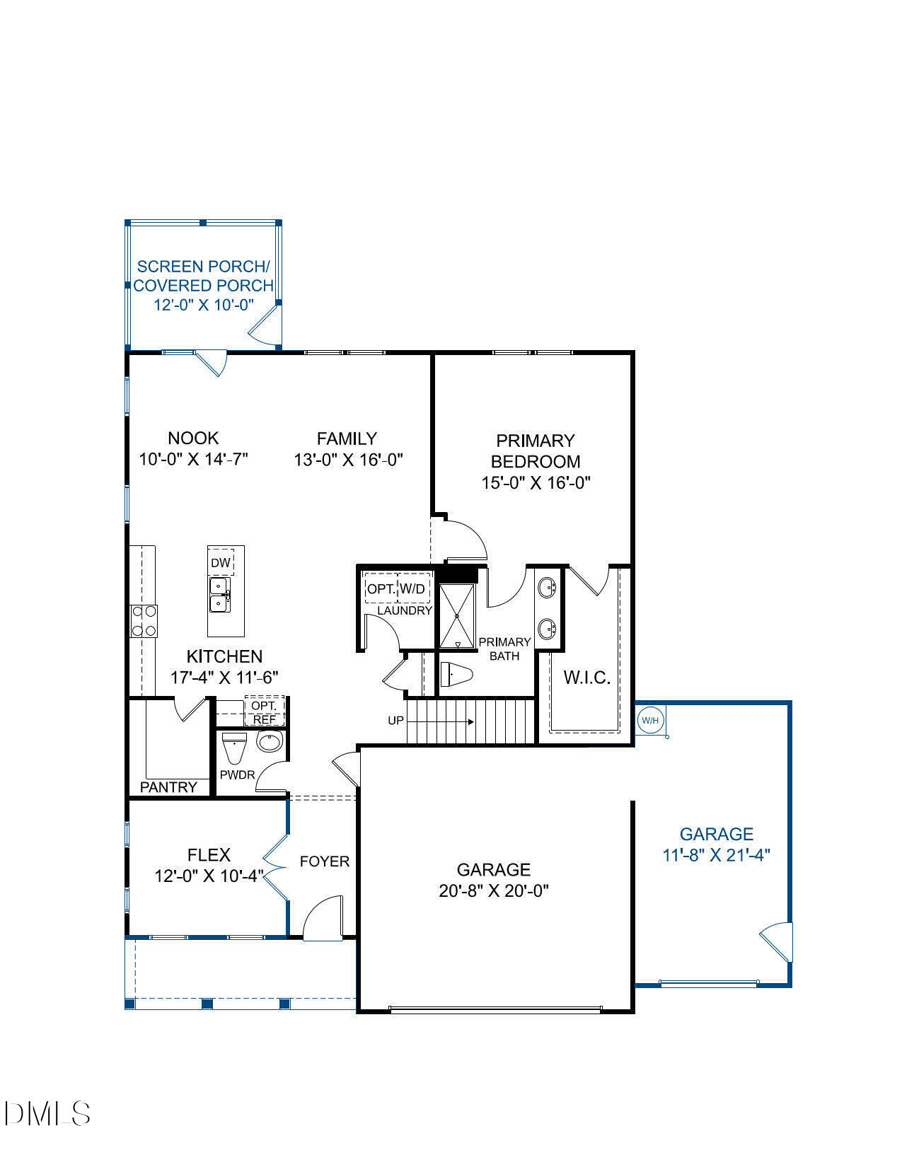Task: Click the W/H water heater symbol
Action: pos(650,721)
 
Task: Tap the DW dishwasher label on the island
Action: pos(221,563)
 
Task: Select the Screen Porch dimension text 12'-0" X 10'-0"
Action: pos(204,305)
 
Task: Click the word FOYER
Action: pos(325,861)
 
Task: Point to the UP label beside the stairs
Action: pos(396,721)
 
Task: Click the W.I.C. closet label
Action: pos(586,678)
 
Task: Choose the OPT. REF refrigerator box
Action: pos(265,712)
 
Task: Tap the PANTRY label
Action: pos(168,787)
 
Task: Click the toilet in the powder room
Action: pos(233,747)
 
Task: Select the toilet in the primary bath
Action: pos(456,675)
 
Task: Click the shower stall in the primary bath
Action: pos(458,615)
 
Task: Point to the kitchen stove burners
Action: pos(144,622)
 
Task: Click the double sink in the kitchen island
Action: pos(219,595)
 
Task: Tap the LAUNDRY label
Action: pos(404,610)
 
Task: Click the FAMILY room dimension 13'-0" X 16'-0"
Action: pos(348,460)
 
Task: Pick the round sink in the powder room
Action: pos(269,742)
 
